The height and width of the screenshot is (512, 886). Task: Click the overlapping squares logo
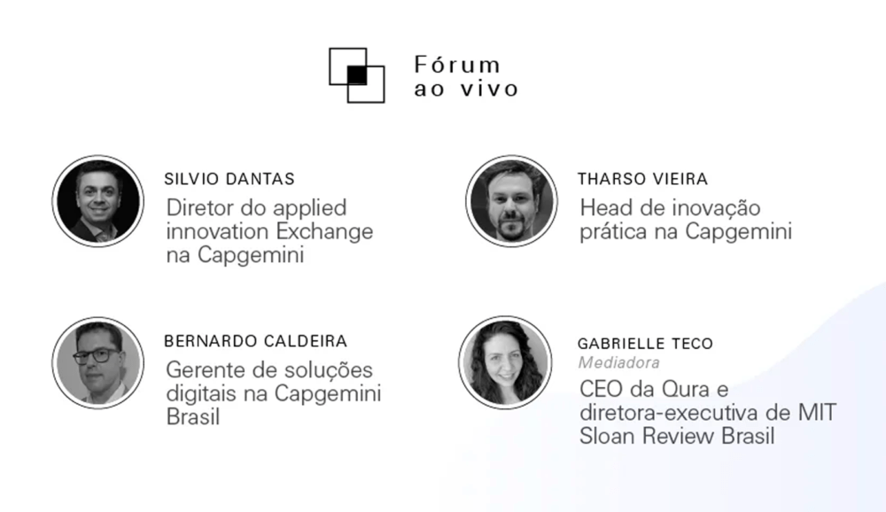tap(356, 75)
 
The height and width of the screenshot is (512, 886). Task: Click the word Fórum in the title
tap(457, 66)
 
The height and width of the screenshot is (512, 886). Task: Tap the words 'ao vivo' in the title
tap(466, 89)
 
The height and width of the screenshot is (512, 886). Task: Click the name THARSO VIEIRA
tap(643, 179)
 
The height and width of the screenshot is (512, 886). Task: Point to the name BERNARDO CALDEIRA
tap(256, 341)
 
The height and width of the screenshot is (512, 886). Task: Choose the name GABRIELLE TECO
tap(646, 343)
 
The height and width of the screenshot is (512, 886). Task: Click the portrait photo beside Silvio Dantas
tap(97, 200)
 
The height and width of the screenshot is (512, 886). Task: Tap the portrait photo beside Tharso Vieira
tap(511, 200)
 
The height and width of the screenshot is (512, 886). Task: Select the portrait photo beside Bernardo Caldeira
tap(97, 362)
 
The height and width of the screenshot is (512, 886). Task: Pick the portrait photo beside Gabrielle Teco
tap(505, 362)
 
